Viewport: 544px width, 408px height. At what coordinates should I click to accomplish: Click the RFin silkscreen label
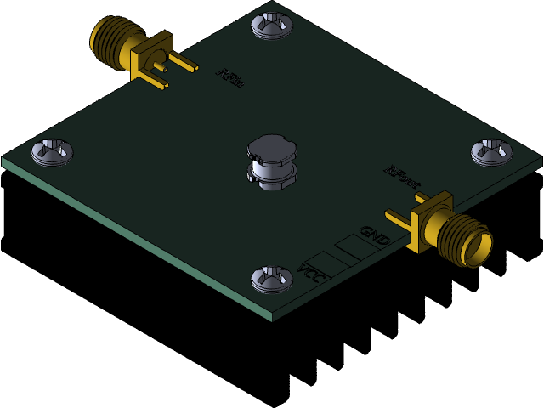click(x=230, y=78)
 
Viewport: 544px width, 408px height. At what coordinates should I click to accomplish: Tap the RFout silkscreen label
click(x=402, y=177)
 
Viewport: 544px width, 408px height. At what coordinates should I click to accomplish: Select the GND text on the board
click(x=374, y=235)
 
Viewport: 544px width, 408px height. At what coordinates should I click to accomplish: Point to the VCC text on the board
click(x=311, y=274)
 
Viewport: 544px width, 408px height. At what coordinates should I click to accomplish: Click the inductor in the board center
click(x=272, y=163)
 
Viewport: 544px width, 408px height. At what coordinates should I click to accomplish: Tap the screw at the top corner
click(x=272, y=25)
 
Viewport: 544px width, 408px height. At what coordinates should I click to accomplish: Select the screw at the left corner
click(x=52, y=151)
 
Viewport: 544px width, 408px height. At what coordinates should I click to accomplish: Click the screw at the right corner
click(x=492, y=151)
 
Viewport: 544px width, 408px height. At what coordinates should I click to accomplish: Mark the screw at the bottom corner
click(x=272, y=278)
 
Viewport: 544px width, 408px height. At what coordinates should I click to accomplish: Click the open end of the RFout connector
click(x=479, y=249)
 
